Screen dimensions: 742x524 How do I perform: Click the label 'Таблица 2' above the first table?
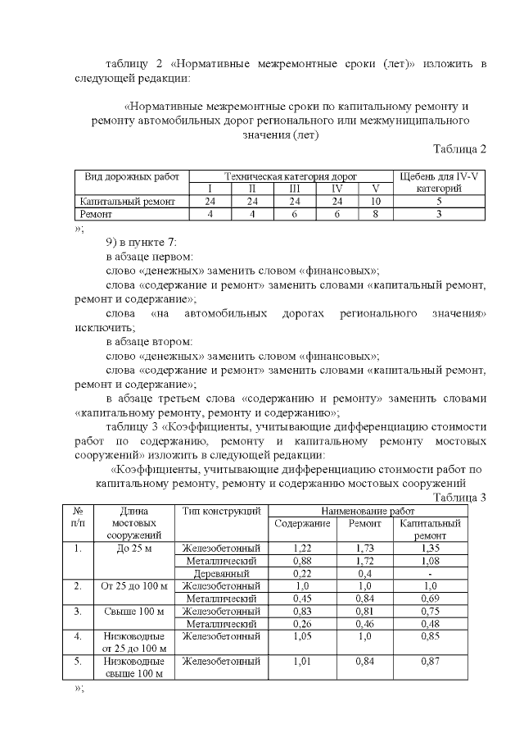point(459,148)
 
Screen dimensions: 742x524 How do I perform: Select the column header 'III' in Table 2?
point(293,189)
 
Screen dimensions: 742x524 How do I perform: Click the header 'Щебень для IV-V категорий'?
point(440,182)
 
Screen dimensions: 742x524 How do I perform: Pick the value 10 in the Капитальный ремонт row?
point(376,201)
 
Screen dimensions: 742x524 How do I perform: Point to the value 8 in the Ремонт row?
point(376,214)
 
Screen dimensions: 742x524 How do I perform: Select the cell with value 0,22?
point(302,574)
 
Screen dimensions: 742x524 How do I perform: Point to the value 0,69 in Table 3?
point(430,599)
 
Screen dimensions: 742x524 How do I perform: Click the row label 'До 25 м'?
point(133,548)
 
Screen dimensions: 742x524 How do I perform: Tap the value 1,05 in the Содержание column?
point(302,636)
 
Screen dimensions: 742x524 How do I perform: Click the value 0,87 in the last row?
point(430,661)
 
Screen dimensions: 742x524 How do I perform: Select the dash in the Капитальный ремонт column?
point(430,574)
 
